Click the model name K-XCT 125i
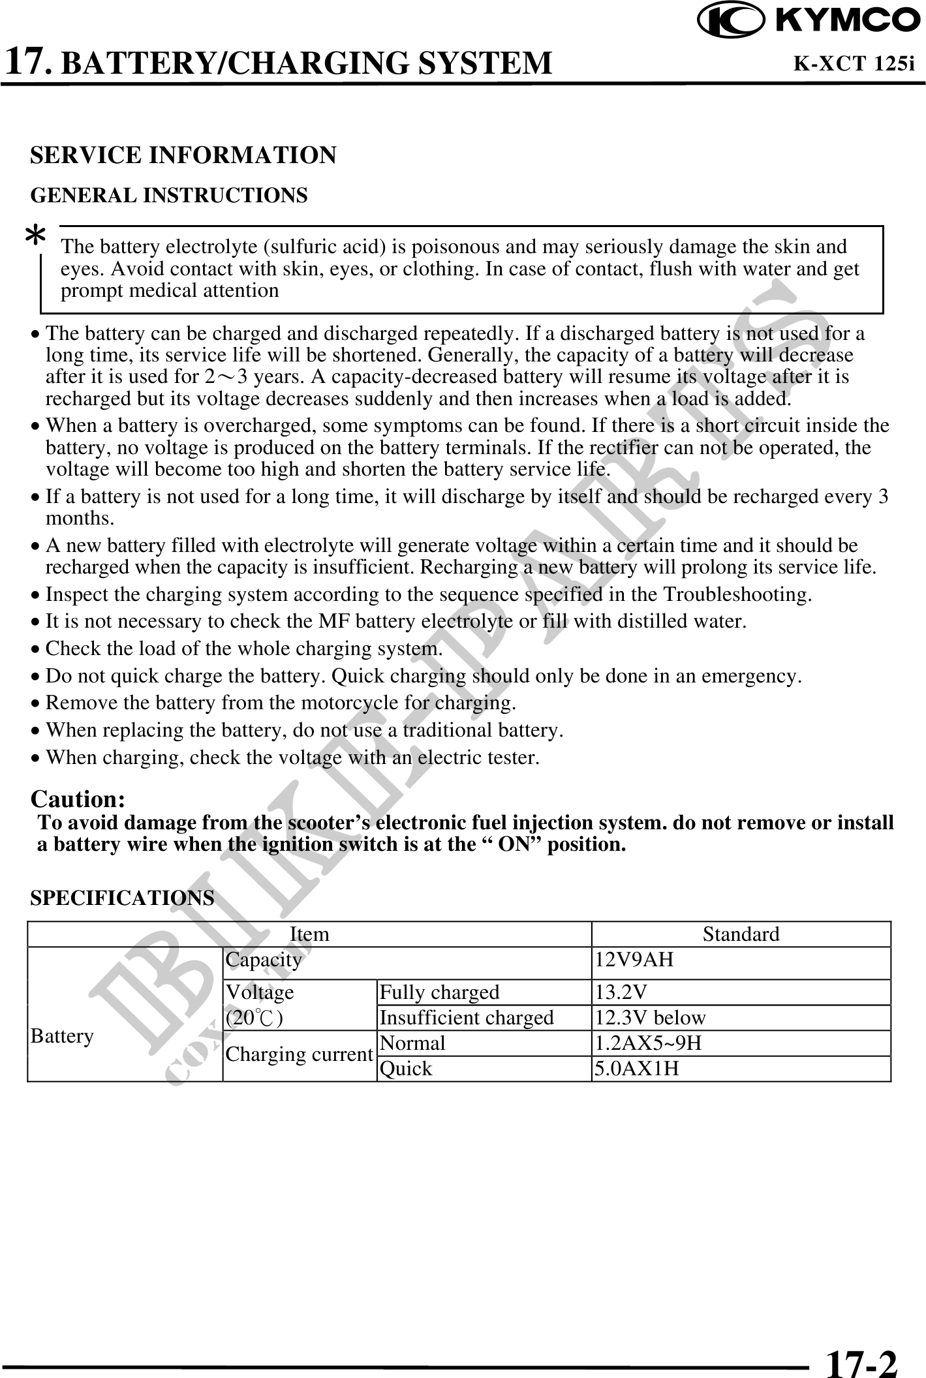[853, 63]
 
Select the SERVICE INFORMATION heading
[183, 155]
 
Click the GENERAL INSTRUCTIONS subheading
[169, 196]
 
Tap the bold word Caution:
[78, 799]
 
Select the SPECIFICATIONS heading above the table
[122, 898]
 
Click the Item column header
[309, 934]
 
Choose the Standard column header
[741, 934]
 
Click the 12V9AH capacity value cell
[634, 960]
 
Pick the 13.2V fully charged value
[621, 992]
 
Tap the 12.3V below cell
[649, 1018]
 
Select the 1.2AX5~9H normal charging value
[647, 1043]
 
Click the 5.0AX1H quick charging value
[636, 1069]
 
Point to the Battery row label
[62, 1036]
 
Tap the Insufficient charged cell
[467, 1018]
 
